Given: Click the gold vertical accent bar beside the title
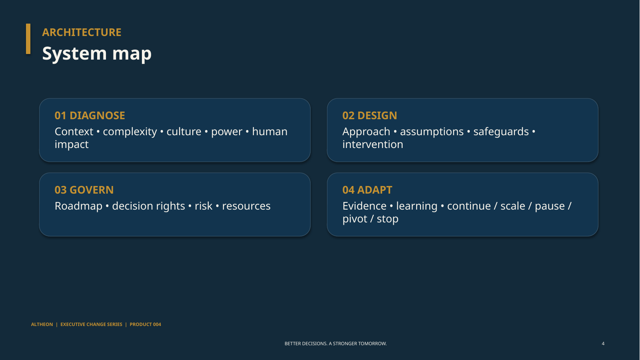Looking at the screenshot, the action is [28, 39].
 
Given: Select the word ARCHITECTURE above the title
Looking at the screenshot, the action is [82, 32].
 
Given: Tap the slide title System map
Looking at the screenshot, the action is [97, 54].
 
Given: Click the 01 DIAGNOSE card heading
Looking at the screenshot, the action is [90, 116].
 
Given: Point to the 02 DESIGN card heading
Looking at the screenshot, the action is [370, 116].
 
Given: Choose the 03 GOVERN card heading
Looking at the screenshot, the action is [84, 190].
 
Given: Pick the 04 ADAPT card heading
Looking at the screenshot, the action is [367, 190].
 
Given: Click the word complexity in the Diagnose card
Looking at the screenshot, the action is [130, 132].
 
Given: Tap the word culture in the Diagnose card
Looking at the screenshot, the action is [184, 132].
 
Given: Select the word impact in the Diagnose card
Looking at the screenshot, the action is [72, 145].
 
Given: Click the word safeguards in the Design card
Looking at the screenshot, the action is [501, 132].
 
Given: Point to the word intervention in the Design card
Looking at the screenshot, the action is [373, 144].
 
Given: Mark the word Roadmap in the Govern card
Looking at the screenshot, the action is [78, 206].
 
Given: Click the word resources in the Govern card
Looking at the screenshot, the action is [246, 206].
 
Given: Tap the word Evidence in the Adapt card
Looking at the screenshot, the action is [364, 206].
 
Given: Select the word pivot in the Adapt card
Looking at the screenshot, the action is [354, 219].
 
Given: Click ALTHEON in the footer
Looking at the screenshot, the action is [42, 324].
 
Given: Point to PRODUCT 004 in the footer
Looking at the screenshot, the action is [145, 324].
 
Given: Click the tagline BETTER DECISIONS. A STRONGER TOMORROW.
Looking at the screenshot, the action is [335, 344].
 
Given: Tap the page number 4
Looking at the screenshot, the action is [603, 344].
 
